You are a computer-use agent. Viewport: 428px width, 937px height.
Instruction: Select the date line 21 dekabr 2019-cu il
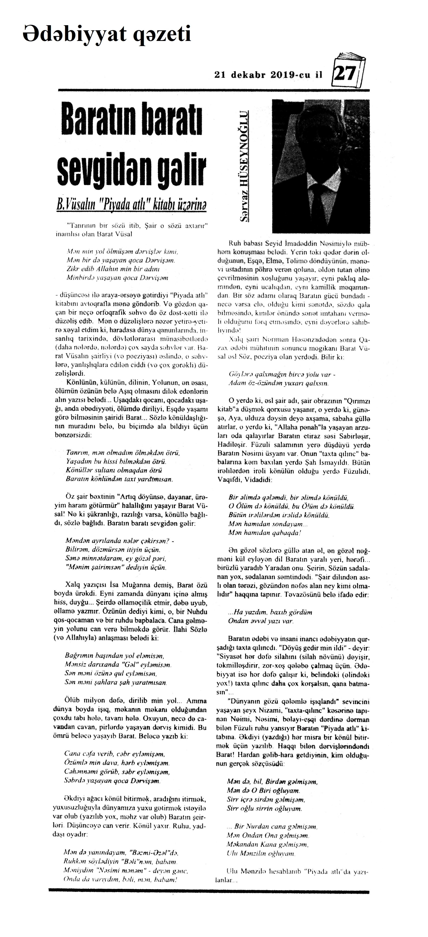click(x=269, y=75)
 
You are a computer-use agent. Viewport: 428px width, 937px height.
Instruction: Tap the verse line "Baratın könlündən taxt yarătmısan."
click(x=119, y=479)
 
